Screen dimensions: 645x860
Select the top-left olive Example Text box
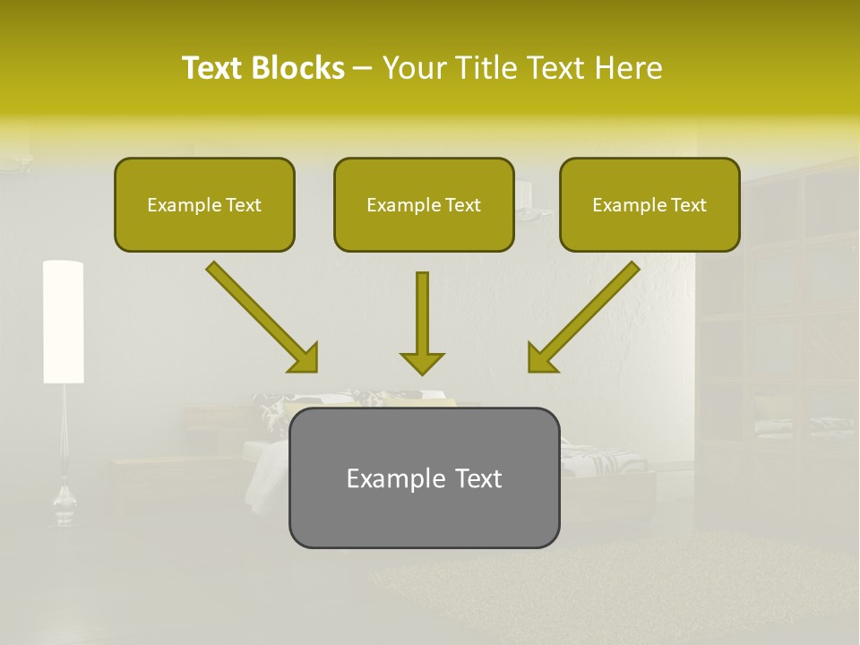(x=204, y=204)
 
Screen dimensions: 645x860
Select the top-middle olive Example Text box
(x=424, y=204)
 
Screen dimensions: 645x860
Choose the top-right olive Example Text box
(x=649, y=204)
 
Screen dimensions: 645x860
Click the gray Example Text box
(x=424, y=477)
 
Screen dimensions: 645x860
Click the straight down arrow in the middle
(x=422, y=322)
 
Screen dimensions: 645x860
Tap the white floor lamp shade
(x=63, y=322)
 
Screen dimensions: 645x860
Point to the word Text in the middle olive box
(x=463, y=205)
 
